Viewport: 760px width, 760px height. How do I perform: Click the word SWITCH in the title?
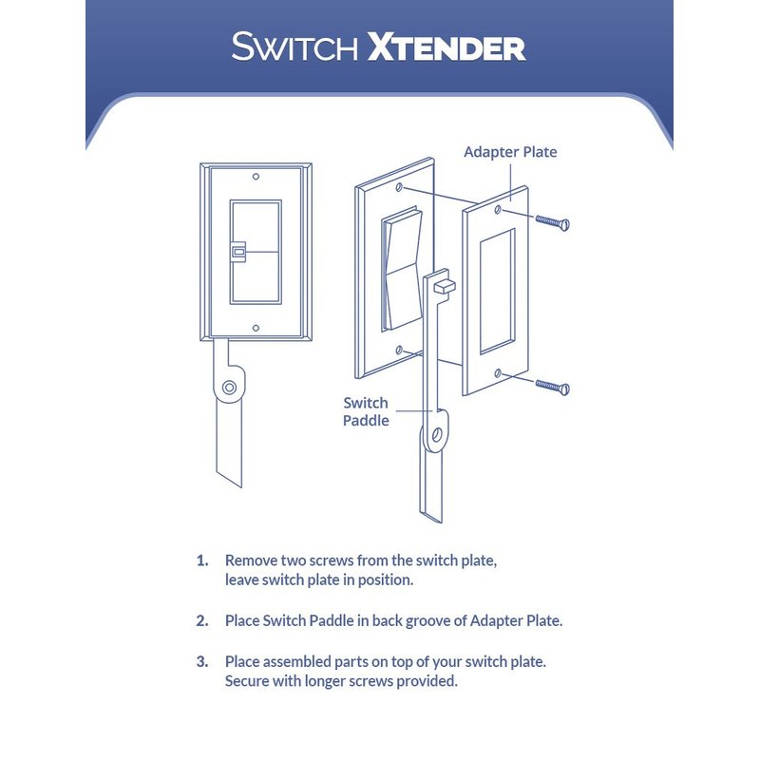pyautogui.click(x=294, y=47)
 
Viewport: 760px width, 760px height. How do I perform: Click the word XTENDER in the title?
pyautogui.click(x=446, y=47)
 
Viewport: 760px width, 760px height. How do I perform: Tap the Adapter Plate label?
pyautogui.click(x=510, y=152)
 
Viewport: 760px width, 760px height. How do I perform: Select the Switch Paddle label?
pyautogui.click(x=366, y=411)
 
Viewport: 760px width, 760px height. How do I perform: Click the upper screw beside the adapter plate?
pyautogui.click(x=553, y=223)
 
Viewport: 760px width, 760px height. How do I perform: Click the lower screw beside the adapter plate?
pyautogui.click(x=553, y=387)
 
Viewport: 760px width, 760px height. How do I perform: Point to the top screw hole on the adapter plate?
pyautogui.click(x=498, y=209)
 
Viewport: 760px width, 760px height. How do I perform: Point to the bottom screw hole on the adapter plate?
pyautogui.click(x=498, y=372)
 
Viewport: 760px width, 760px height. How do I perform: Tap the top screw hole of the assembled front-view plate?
pyautogui.click(x=256, y=177)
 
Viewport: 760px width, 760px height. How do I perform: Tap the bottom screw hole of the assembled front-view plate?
pyautogui.click(x=256, y=328)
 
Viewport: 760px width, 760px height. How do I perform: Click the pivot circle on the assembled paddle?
pyautogui.click(x=229, y=388)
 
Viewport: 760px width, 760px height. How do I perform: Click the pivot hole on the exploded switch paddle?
pyautogui.click(x=436, y=434)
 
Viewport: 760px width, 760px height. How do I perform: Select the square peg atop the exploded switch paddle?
pyautogui.click(x=445, y=286)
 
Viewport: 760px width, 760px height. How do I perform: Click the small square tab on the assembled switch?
pyautogui.click(x=237, y=252)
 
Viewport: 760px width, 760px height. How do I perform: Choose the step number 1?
pyautogui.click(x=202, y=560)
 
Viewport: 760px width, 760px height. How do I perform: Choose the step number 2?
pyautogui.click(x=202, y=621)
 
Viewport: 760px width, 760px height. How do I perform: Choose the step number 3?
pyautogui.click(x=202, y=661)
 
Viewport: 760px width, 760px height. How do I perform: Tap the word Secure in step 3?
pyautogui.click(x=247, y=681)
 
